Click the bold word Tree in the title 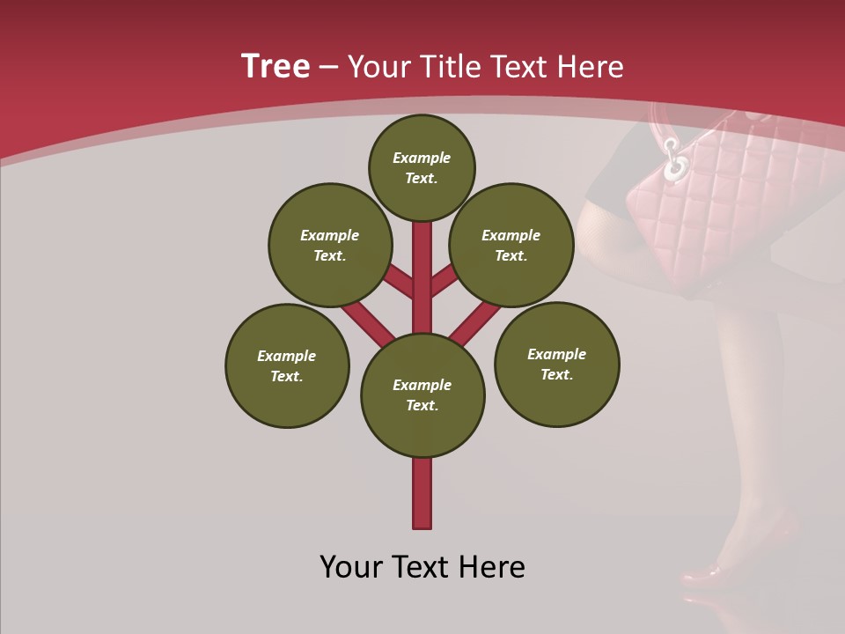coord(276,67)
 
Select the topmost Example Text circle coord(422,167)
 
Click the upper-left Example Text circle coord(329,245)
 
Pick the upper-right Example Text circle coord(511,245)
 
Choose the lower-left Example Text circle coord(287,365)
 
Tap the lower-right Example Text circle coord(556,364)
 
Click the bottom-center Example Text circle coord(422,394)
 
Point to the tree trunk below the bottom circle coord(422,493)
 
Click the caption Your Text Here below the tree coord(422,567)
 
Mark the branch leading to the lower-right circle coord(476,321)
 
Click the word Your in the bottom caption coord(353,567)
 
